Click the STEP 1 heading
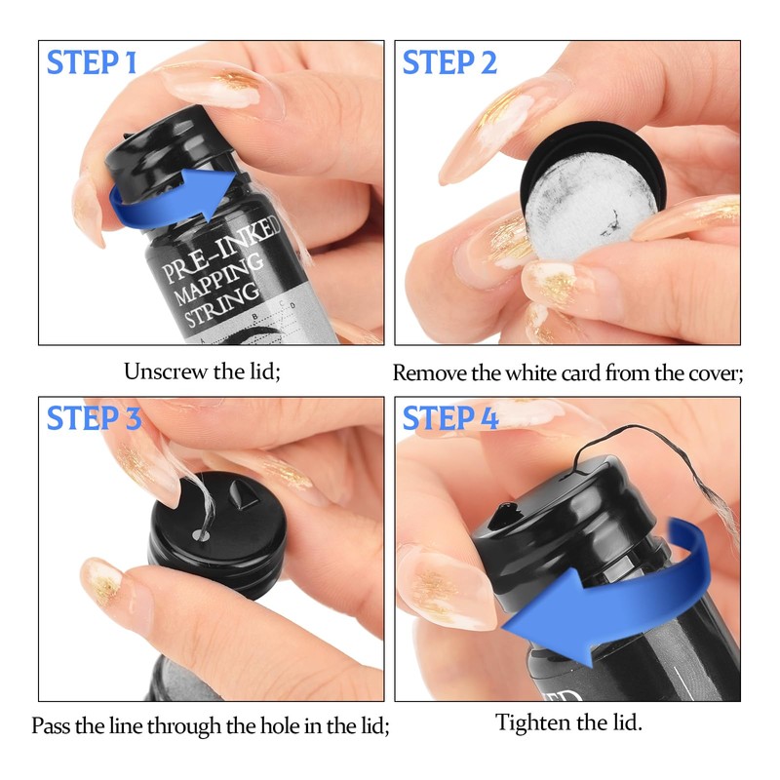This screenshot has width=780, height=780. tap(92, 62)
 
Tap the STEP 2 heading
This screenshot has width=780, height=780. tap(449, 62)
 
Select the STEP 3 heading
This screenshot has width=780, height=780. tap(94, 417)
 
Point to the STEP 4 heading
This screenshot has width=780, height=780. tap(450, 417)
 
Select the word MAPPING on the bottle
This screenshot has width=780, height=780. tap(217, 279)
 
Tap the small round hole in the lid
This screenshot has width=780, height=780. tap(201, 535)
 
